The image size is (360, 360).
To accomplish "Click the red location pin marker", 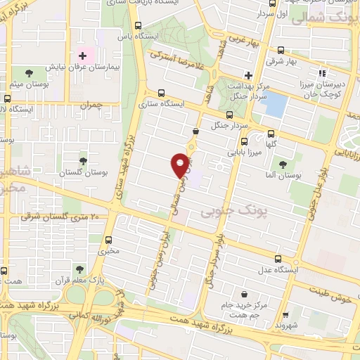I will point(181,165).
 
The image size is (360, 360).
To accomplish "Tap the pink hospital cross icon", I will point(82,55).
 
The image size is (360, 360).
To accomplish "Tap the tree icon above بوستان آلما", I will point(283,165).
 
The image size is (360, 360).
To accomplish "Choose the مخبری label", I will point(108,249).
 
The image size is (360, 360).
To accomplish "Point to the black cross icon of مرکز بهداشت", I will point(247,75).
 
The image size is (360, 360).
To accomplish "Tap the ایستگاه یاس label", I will point(131,34).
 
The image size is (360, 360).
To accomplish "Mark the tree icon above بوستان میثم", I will point(29,72).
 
